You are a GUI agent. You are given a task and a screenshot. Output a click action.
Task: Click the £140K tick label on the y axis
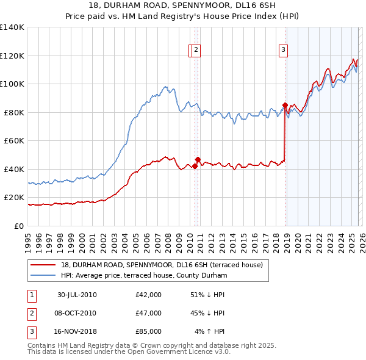pos(12,27)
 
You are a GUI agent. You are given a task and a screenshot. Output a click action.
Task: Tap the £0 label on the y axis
pos(18,226)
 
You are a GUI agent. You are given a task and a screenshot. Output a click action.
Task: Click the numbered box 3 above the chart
pos(284,51)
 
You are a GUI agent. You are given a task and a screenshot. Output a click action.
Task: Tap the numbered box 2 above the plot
pos(196,51)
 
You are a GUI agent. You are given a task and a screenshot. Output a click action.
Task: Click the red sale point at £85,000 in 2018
pos(285,105)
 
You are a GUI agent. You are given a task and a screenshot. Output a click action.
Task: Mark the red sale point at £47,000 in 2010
pos(198,159)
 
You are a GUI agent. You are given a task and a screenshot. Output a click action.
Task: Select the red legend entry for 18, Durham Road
pos(162,265)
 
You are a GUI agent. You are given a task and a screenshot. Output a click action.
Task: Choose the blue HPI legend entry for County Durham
pos(143,276)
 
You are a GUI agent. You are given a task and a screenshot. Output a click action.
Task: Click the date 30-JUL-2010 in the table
pos(77,295)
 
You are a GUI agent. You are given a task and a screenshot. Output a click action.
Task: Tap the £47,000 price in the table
pos(149,313)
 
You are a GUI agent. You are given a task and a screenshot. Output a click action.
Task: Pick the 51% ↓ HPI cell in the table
pos(207,295)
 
